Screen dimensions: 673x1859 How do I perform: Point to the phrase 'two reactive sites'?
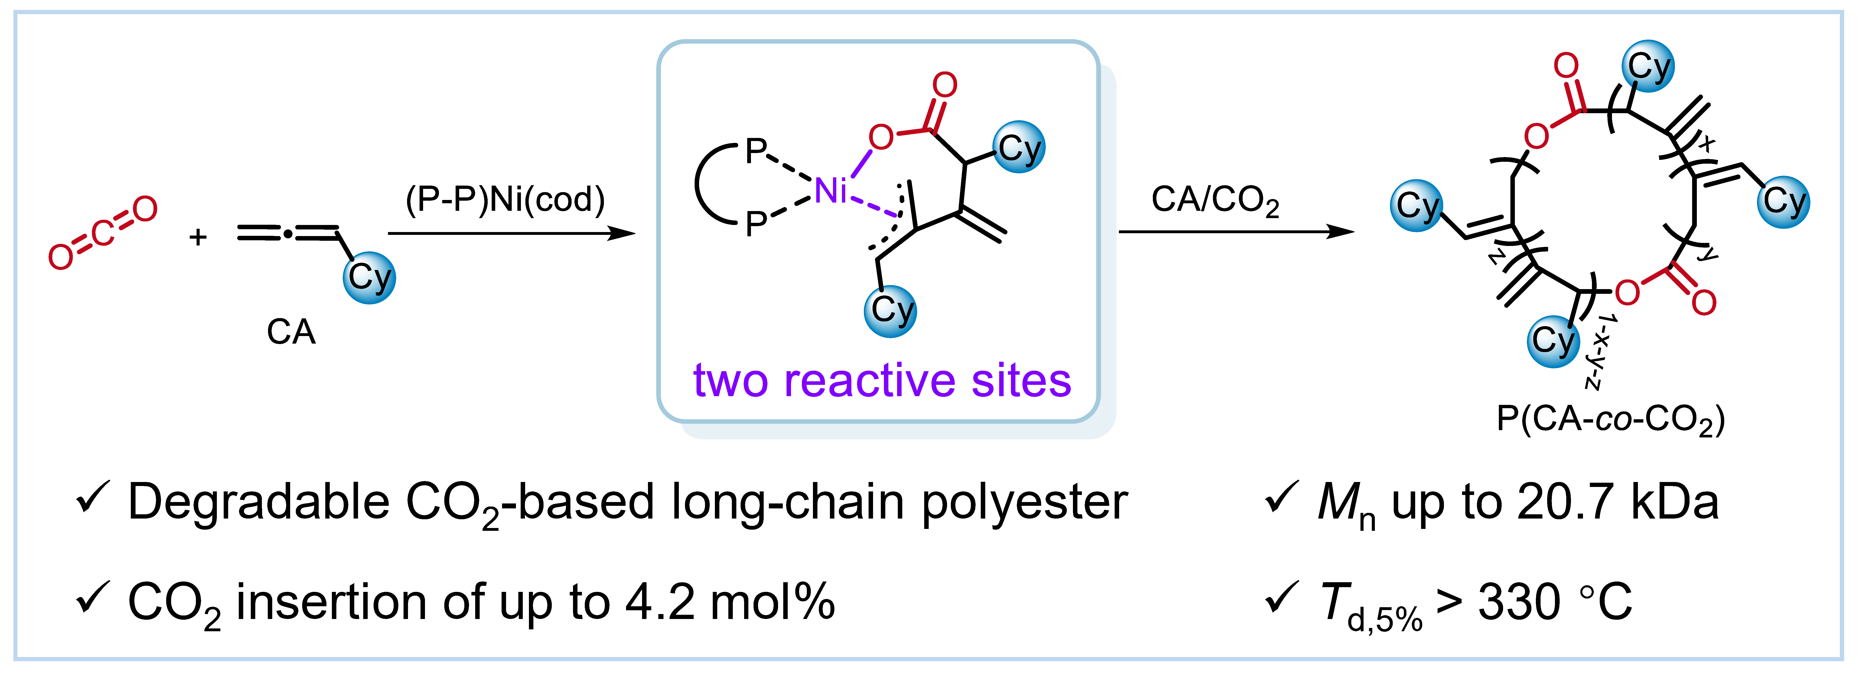click(882, 381)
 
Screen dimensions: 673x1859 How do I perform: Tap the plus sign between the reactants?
click(198, 237)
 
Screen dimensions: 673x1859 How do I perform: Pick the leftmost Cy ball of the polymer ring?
click(1417, 206)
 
